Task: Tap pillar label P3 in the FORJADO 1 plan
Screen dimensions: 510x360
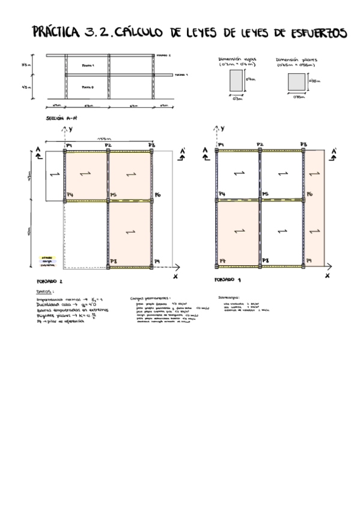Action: tap(304, 145)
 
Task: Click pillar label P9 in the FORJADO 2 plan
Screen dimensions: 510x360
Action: tap(157, 261)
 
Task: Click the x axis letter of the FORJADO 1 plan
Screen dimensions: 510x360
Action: tap(327, 276)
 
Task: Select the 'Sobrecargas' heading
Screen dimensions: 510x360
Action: tap(229, 297)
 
